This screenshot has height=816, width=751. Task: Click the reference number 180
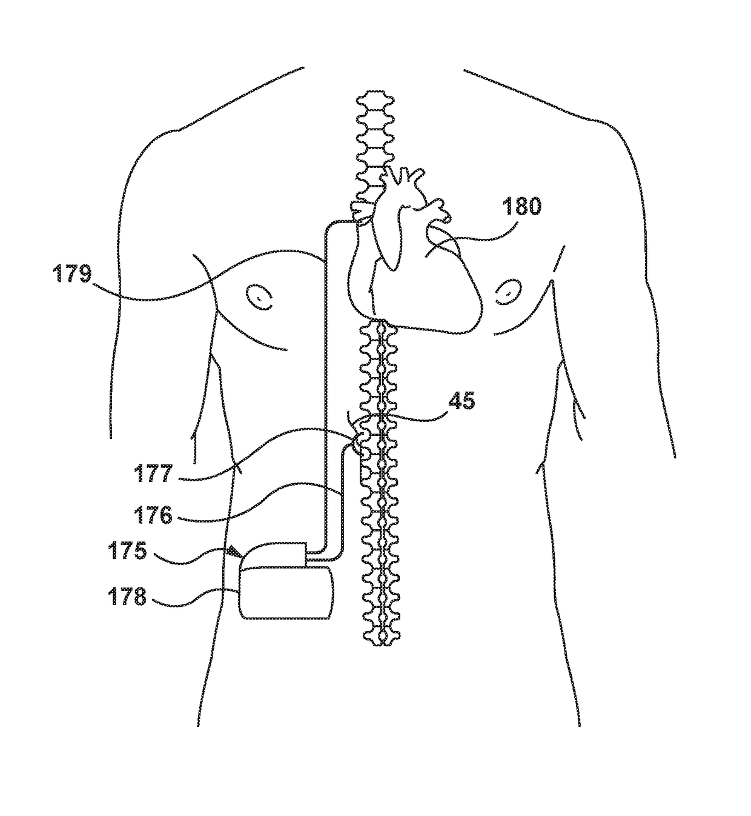[521, 207]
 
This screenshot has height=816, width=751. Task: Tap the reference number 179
[71, 274]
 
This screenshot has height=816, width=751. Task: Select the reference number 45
[462, 401]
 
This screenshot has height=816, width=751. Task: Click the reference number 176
[154, 516]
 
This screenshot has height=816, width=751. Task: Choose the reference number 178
[127, 597]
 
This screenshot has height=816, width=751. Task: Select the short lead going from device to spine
[343, 503]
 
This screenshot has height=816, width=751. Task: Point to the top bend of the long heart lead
[330, 225]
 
